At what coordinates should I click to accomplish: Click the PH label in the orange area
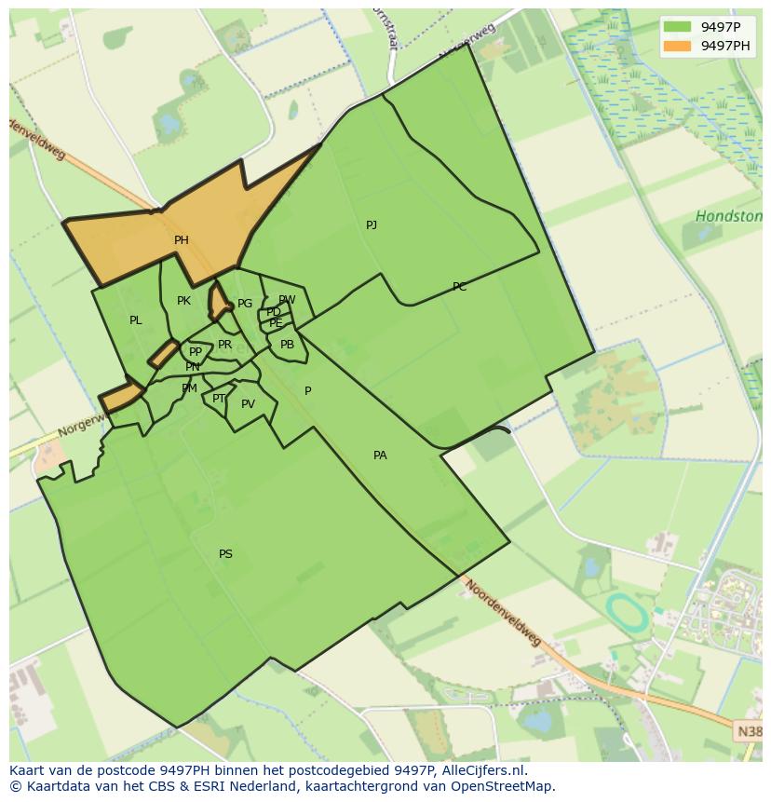pyautogui.click(x=182, y=240)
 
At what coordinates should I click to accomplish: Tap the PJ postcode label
pyautogui.click(x=372, y=225)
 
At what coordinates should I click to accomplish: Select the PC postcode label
pyautogui.click(x=459, y=287)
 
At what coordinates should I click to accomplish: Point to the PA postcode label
pyautogui.click(x=380, y=455)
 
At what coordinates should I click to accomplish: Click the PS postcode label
pyautogui.click(x=225, y=554)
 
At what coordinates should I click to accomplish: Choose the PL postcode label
pyautogui.click(x=136, y=320)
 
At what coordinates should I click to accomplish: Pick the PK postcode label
pyautogui.click(x=183, y=301)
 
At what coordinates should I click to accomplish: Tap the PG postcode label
pyautogui.click(x=245, y=304)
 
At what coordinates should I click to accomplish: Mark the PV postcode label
pyautogui.click(x=248, y=404)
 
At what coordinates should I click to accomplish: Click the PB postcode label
pyautogui.click(x=287, y=345)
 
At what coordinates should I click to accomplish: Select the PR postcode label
pyautogui.click(x=224, y=345)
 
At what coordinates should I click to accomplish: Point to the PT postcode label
pyautogui.click(x=219, y=399)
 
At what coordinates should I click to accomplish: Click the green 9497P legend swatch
pyautogui.click(x=678, y=27)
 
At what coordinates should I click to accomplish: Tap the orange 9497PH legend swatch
pyautogui.click(x=678, y=46)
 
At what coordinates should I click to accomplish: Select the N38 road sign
pyautogui.click(x=750, y=732)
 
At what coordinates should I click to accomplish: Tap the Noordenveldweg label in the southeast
pyautogui.click(x=503, y=614)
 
